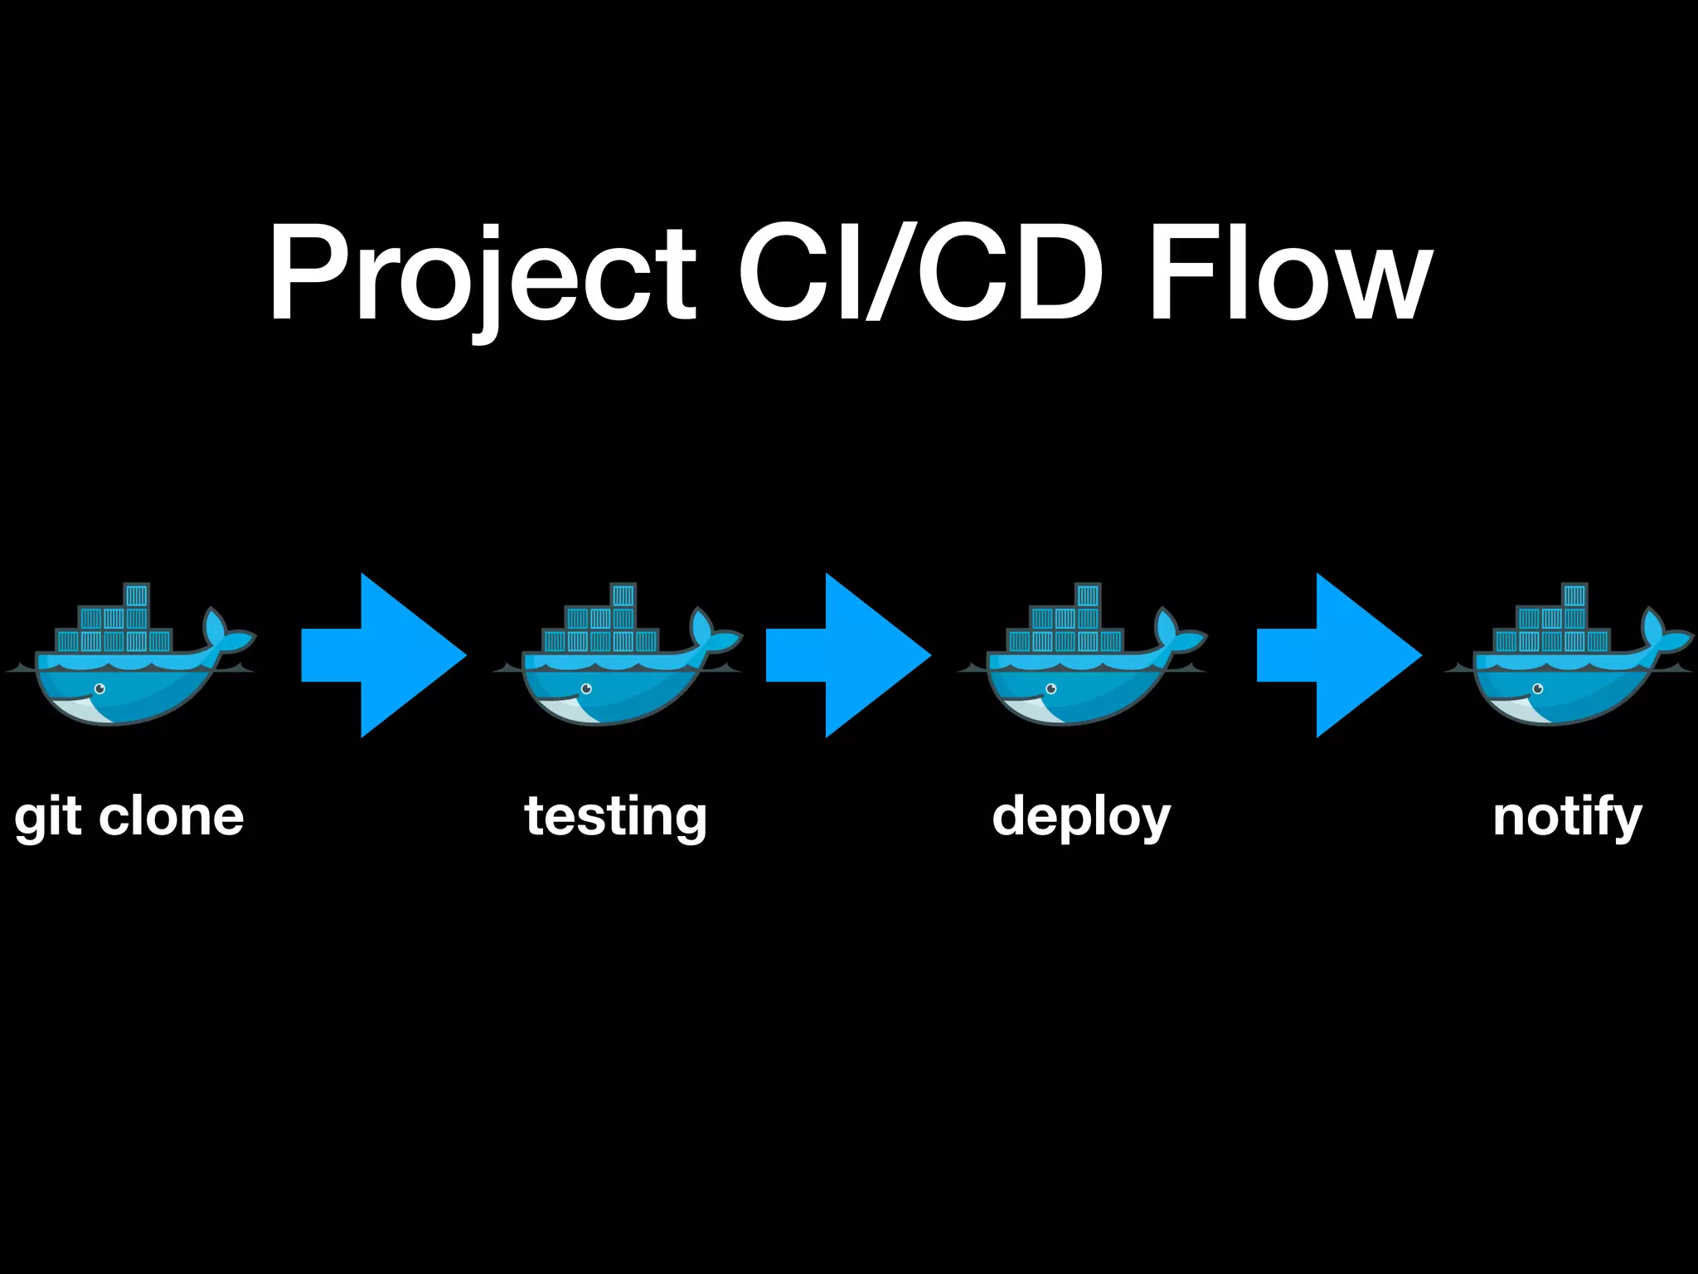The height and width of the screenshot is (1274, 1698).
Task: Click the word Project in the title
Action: [x=481, y=274]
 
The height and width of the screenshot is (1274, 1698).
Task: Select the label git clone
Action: [x=129, y=817]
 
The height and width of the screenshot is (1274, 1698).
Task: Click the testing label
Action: [x=616, y=817]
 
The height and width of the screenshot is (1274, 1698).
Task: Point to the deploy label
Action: [x=1081, y=817]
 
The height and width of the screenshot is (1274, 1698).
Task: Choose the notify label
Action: [x=1567, y=817]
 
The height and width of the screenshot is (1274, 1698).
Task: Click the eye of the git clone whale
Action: [x=100, y=688]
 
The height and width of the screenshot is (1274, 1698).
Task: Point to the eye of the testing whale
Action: [x=587, y=688]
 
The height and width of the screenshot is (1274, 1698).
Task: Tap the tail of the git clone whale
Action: [x=225, y=635]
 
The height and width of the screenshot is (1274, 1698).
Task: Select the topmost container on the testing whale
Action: [x=623, y=596]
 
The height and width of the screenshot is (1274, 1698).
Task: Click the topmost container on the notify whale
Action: [x=1574, y=596]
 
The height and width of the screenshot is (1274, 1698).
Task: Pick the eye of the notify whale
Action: [x=1539, y=688]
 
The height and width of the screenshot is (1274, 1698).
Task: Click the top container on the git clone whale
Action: [x=136, y=596]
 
